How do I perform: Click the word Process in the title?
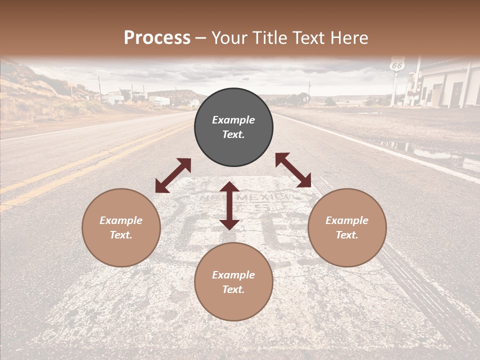tap(157, 38)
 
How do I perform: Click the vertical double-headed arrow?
tap(229, 205)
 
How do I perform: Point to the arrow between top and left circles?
tap(173, 175)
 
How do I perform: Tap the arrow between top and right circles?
tap(293, 170)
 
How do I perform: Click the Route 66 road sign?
tap(397, 64)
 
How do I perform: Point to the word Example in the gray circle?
tap(233, 120)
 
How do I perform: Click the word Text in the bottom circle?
tap(233, 289)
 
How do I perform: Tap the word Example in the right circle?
tap(347, 220)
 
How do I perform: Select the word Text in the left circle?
tap(121, 235)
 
